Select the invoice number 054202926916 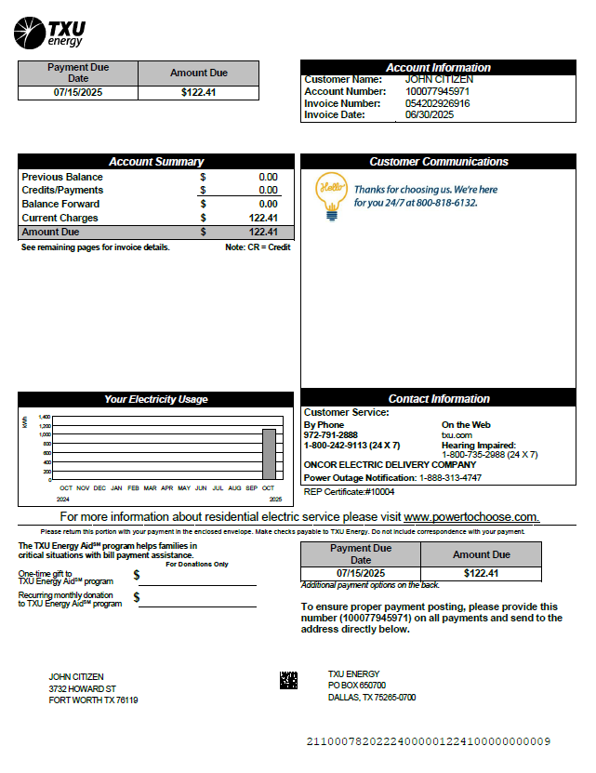(x=437, y=103)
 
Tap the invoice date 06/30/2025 (x=429, y=115)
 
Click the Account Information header (x=438, y=67)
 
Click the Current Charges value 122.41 (x=263, y=218)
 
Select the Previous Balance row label (x=62, y=177)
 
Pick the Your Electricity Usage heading (x=156, y=399)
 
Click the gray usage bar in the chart (x=269, y=454)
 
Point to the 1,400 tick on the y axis (x=45, y=418)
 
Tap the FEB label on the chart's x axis (x=133, y=487)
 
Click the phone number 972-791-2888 (x=330, y=435)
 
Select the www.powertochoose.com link (x=470, y=517)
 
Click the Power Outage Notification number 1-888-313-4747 (x=450, y=477)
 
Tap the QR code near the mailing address (x=288, y=680)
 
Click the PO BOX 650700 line (x=356, y=686)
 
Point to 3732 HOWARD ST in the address (x=82, y=688)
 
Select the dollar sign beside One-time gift (x=137, y=576)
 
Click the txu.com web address (x=457, y=435)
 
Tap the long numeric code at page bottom (x=428, y=741)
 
